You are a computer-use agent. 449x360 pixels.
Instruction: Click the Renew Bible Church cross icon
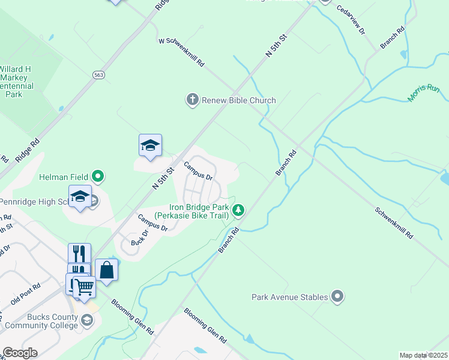(x=192, y=100)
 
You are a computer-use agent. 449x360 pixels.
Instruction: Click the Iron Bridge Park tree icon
(x=239, y=209)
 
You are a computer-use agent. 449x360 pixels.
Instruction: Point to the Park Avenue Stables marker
(x=337, y=296)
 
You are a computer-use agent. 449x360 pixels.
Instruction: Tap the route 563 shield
(x=98, y=74)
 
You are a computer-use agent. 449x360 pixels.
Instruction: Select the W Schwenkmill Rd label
(x=181, y=53)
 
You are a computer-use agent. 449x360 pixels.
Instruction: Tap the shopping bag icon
(x=106, y=270)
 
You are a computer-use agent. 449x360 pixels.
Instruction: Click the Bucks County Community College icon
(x=87, y=320)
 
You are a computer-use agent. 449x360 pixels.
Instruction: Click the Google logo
(x=20, y=353)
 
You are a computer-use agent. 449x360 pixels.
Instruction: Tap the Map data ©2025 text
(x=423, y=355)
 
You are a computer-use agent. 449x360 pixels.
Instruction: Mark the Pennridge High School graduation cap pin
(x=80, y=197)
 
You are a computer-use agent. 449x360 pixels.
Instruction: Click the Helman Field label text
(x=64, y=177)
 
